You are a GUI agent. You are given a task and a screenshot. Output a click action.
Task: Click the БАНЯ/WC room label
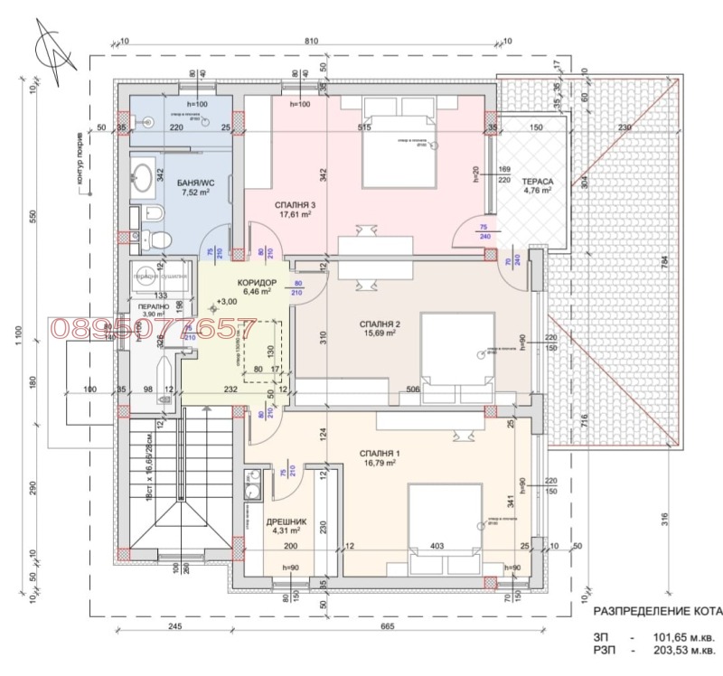pyautogui.click(x=195, y=182)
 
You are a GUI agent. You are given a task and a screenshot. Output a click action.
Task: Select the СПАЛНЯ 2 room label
pyautogui.click(x=354, y=323)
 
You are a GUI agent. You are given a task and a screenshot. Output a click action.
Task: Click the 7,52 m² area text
pyautogui.click(x=195, y=192)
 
